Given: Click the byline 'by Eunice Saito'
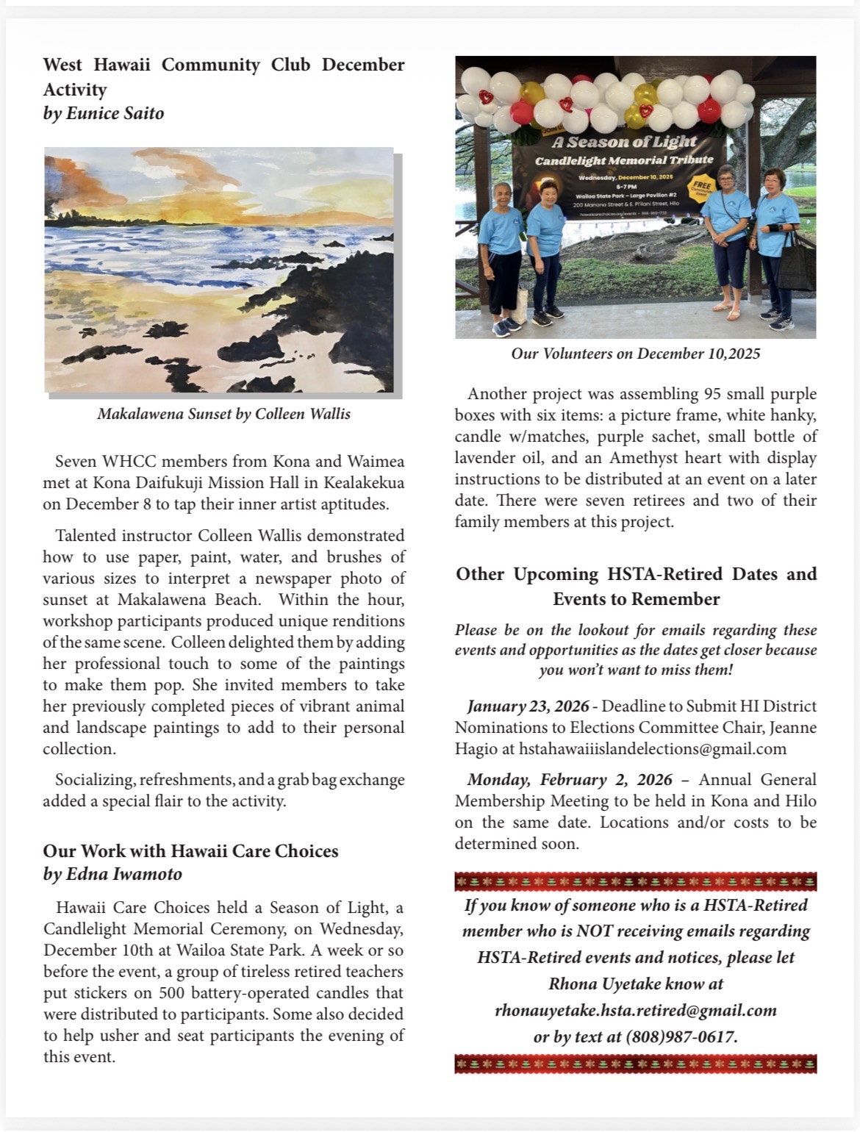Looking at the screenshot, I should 104,113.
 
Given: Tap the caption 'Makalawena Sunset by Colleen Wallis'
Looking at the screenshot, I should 223,414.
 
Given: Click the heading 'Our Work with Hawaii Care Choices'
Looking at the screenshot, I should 190,850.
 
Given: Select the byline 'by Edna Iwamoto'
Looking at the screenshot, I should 112,874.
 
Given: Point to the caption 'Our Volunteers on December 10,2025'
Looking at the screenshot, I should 635,354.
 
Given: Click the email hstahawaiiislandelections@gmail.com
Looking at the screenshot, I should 653,749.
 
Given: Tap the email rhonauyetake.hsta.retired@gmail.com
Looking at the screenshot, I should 635,1011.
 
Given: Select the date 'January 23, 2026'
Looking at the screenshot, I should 528,706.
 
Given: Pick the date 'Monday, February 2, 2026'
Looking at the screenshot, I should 570,780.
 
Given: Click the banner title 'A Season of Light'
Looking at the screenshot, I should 624,142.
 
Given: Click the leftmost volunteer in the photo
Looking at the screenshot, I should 503,257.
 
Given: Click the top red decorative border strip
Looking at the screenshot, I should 635,881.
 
